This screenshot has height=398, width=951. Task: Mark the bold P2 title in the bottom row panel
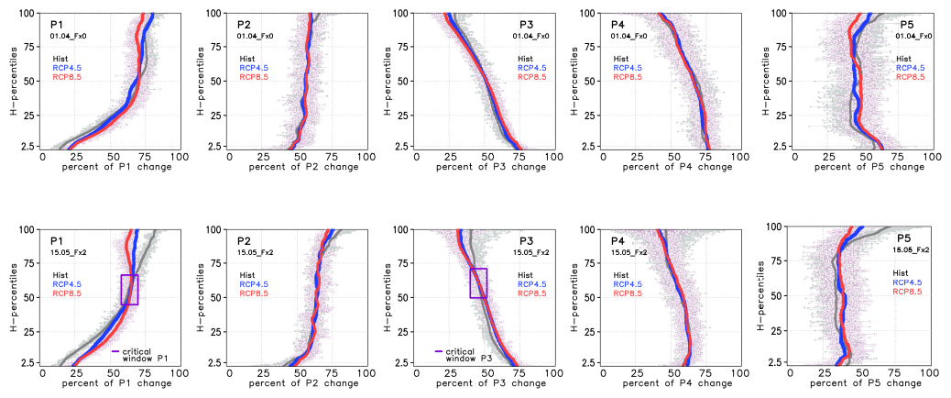[245, 240]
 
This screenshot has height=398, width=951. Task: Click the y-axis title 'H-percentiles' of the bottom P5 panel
[762, 294]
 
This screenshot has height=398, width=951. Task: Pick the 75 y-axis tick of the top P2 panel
[217, 47]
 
